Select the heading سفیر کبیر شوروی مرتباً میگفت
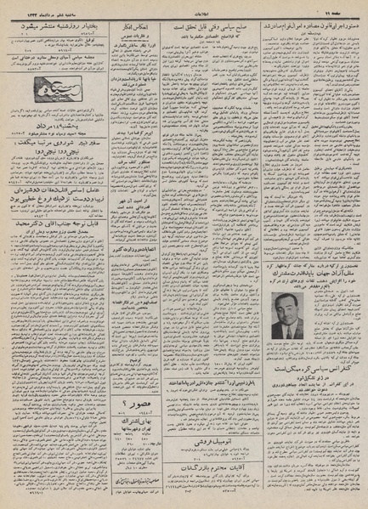tap(65, 145)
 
